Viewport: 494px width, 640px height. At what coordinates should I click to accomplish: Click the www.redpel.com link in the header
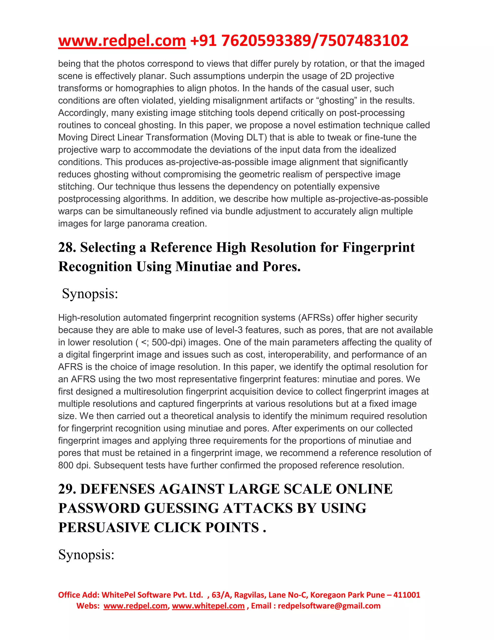pyautogui.click(x=122, y=41)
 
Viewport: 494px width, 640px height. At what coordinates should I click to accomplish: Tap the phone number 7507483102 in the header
pyautogui.click(x=364, y=41)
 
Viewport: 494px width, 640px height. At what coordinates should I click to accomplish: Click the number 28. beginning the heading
pyautogui.click(x=67, y=247)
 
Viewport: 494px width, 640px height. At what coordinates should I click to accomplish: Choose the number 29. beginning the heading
pyautogui.click(x=67, y=489)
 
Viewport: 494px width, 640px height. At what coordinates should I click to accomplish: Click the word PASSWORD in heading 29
pyautogui.click(x=99, y=508)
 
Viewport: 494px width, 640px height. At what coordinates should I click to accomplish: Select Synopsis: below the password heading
pyautogui.click(x=86, y=555)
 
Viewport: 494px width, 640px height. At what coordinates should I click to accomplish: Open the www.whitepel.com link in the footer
pyautogui.click(x=208, y=606)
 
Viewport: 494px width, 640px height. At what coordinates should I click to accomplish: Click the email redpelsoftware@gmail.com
pyautogui.click(x=329, y=606)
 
